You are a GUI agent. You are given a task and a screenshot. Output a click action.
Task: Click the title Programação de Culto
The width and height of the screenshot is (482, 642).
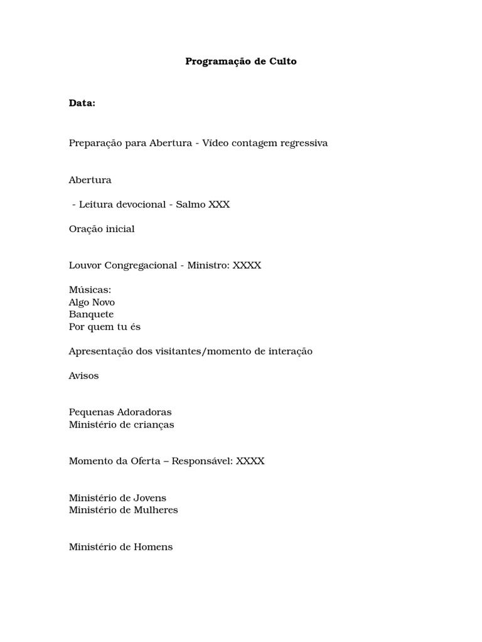pyautogui.click(x=241, y=61)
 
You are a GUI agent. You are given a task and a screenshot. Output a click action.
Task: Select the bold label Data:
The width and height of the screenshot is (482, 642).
pyautogui.click(x=82, y=103)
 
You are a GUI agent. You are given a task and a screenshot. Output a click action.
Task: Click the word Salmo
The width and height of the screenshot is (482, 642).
pyautogui.click(x=191, y=204)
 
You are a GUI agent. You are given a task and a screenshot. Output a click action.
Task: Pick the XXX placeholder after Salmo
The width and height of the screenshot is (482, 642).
pyautogui.click(x=219, y=204)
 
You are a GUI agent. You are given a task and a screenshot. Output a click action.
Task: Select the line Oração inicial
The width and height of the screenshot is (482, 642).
pyautogui.click(x=102, y=229)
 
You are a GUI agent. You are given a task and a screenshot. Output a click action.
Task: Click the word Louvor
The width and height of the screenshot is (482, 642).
pyautogui.click(x=85, y=265)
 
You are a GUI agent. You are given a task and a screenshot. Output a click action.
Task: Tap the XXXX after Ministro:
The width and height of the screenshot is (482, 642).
pyautogui.click(x=247, y=265)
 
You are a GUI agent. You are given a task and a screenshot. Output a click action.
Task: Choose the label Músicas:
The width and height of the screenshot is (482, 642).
pyautogui.click(x=90, y=290)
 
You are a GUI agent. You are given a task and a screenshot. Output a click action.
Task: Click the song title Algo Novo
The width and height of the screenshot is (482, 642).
pyautogui.click(x=92, y=302)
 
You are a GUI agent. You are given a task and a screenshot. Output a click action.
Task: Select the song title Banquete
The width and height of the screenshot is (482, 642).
pyautogui.click(x=92, y=314)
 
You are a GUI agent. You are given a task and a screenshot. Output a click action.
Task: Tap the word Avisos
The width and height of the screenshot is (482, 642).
pyautogui.click(x=83, y=376)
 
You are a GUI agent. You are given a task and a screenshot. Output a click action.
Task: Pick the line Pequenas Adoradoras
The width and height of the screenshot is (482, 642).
pyautogui.click(x=120, y=412)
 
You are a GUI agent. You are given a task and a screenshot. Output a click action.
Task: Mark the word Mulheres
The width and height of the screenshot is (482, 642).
pyautogui.click(x=156, y=510)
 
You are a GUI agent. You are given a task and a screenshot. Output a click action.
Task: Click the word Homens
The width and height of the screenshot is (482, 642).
pyautogui.click(x=153, y=547)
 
